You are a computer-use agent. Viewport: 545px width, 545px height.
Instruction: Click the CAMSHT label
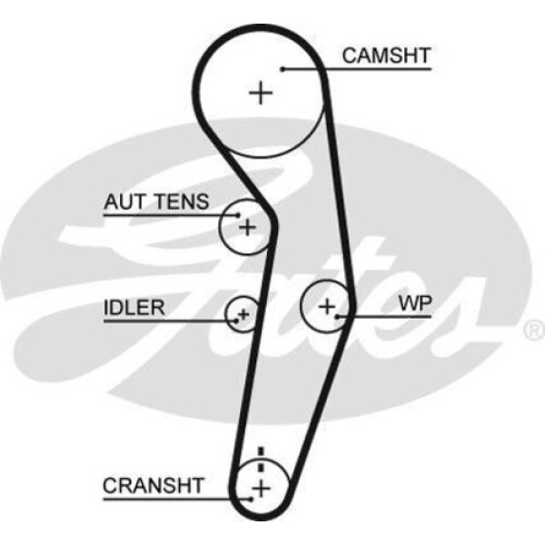click(x=386, y=55)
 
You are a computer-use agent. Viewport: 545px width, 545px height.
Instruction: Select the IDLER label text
click(x=134, y=307)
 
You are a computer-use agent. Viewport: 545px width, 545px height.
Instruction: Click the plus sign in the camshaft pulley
click(x=262, y=93)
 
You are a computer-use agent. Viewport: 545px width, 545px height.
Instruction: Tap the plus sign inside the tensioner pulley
click(x=248, y=226)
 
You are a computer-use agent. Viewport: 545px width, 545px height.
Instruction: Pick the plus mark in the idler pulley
click(x=243, y=315)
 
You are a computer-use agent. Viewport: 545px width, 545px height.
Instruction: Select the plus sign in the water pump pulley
click(x=327, y=307)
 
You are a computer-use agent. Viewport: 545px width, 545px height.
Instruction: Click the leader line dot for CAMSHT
click(x=283, y=67)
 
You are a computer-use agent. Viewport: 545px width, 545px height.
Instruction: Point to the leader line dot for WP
click(x=340, y=316)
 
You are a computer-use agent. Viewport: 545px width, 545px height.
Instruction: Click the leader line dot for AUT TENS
click(x=239, y=215)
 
